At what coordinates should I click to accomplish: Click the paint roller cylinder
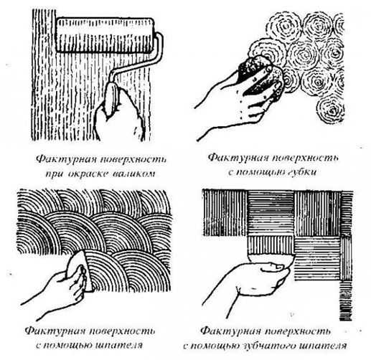[x=105, y=35]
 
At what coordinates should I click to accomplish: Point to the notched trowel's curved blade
[x=271, y=260]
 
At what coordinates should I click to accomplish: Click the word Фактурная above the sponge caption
[x=238, y=158]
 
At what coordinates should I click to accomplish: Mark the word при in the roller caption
[x=55, y=174]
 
